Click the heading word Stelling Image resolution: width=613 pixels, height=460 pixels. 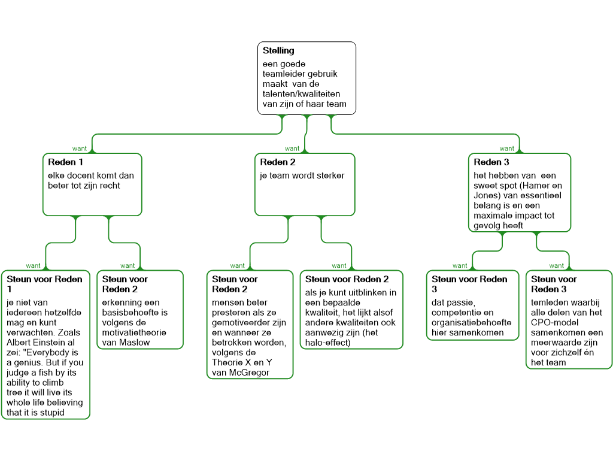(x=278, y=51)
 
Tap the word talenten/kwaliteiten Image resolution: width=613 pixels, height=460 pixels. (x=300, y=94)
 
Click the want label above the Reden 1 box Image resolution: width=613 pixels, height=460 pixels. (x=80, y=148)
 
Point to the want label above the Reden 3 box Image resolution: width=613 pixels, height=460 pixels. (x=506, y=148)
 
